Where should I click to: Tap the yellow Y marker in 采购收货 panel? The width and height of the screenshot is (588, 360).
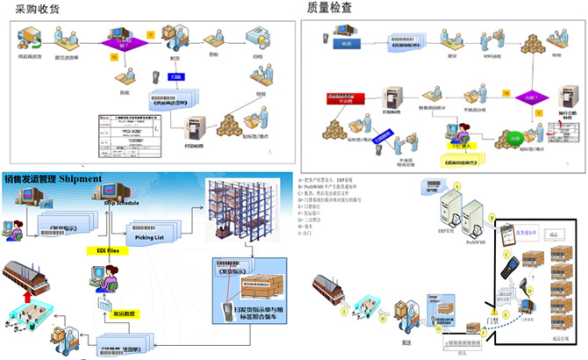(x=151, y=34)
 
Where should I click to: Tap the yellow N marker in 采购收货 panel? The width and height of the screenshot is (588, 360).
(x=113, y=58)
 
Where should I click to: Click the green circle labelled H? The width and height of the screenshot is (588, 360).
(x=383, y=320)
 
